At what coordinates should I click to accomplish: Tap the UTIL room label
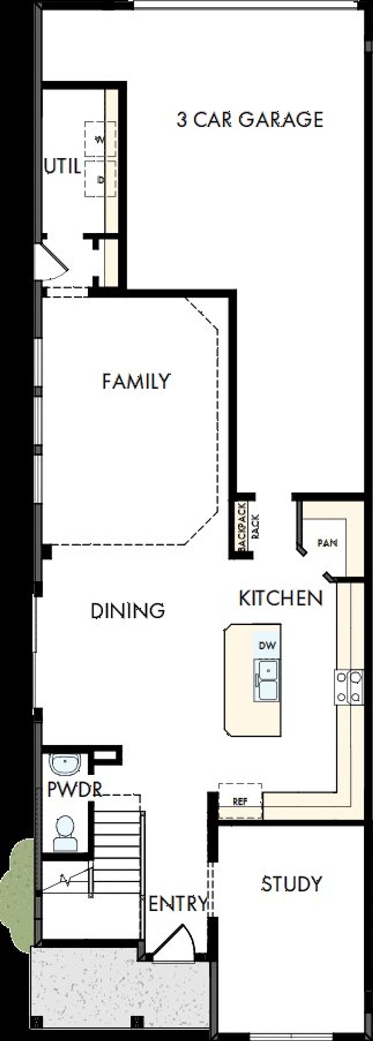[62, 166]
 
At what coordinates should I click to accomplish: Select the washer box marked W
[100, 139]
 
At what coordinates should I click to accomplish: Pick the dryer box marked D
[100, 179]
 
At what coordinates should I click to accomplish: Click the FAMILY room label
[136, 381]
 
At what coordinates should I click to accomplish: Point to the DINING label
[128, 611]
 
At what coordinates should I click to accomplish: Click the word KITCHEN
[281, 598]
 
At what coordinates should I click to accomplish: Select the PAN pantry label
[327, 543]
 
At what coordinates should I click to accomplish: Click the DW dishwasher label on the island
[267, 645]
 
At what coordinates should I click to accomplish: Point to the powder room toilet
[65, 833]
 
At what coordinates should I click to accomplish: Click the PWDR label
[74, 789]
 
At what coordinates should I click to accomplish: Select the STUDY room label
[292, 884]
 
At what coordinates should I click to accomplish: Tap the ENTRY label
[178, 904]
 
